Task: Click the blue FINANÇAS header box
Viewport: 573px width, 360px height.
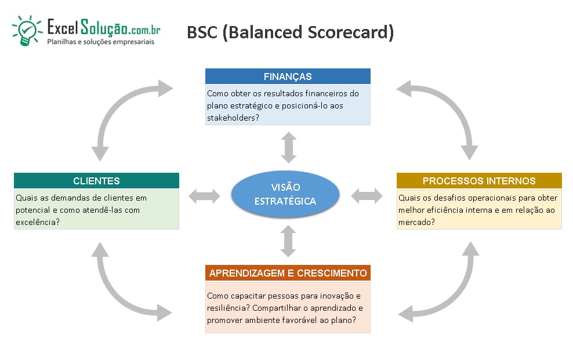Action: [288, 77]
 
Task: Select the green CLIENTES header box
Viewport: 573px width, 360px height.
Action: [96, 181]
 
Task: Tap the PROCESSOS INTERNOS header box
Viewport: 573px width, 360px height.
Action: [479, 181]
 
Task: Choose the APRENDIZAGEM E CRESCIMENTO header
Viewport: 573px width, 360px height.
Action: [288, 272]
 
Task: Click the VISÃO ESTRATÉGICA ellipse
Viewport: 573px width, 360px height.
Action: [285, 194]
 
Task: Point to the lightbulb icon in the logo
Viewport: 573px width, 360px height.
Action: [26, 31]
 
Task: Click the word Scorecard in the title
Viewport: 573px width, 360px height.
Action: [350, 32]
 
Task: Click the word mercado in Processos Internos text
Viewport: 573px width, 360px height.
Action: [415, 222]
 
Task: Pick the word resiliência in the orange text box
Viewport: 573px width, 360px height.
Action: [227, 308]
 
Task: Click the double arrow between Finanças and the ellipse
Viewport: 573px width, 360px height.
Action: [289, 147]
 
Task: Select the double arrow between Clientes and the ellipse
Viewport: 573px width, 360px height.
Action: [205, 196]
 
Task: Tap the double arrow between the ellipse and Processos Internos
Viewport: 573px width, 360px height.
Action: [367, 196]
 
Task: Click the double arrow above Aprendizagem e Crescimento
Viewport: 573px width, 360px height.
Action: [288, 241]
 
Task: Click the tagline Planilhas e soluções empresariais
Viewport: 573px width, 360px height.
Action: [101, 42]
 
